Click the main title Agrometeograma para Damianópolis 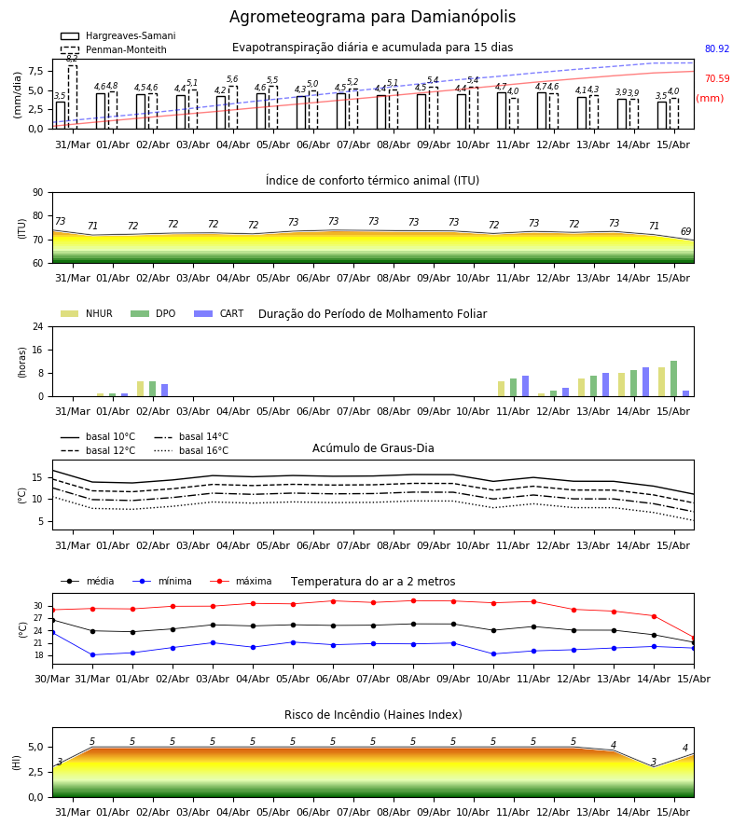coord(372,17)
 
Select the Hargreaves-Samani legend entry coord(118,35)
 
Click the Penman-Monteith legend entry coord(114,49)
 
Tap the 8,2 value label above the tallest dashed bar coord(72,59)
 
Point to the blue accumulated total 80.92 coord(717,48)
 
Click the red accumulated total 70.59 coord(717,78)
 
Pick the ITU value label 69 coord(685,231)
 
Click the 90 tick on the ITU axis coord(38,193)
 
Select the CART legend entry coord(219,313)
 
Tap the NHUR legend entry coord(87,313)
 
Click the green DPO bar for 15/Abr coord(674,378)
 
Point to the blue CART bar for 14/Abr coord(646,382)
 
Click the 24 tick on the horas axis coord(38,326)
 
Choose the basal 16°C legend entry coord(191,450)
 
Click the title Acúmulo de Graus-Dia coord(373,447)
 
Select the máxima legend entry coord(241,581)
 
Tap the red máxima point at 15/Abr coord(694,638)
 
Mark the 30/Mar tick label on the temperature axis coord(52,679)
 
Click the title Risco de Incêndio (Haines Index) coord(373,715)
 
